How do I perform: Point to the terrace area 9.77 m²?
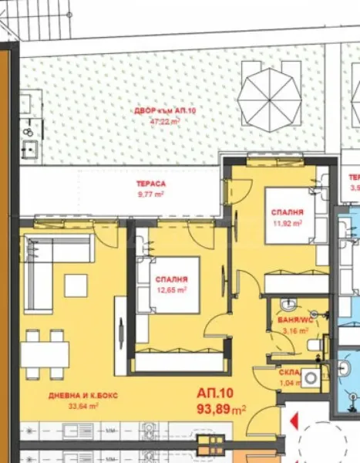pyautogui.click(x=150, y=194)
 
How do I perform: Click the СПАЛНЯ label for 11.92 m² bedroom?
pyautogui.click(x=286, y=212)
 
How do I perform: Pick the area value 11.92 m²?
pyautogui.click(x=286, y=223)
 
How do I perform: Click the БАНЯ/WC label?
pyautogui.click(x=293, y=319)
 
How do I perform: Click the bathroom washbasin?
pyautogui.click(x=291, y=304)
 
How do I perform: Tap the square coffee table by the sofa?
pyautogui.click(x=76, y=286)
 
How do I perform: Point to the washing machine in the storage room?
pyautogui.click(x=311, y=377)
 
